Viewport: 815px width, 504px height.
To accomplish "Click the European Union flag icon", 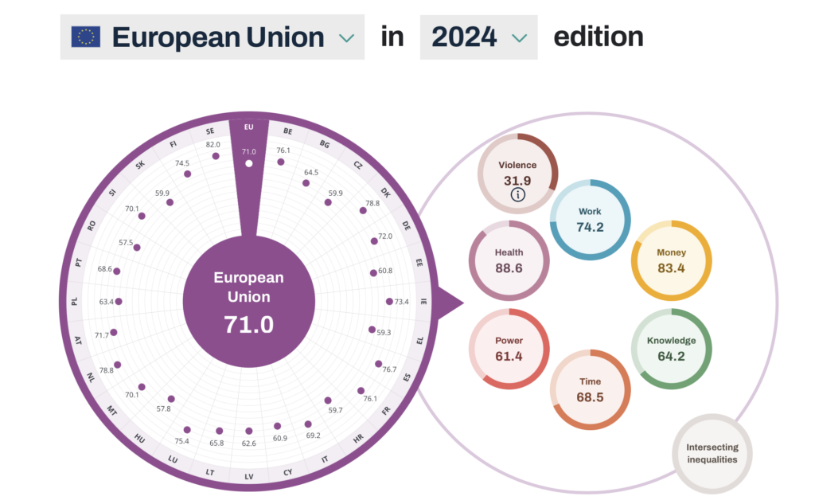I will (x=85, y=37).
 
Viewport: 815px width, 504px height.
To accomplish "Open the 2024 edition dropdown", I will (x=478, y=37).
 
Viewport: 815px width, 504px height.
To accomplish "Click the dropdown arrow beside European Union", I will (x=345, y=37).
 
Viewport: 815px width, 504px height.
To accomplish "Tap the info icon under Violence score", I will (x=517, y=194).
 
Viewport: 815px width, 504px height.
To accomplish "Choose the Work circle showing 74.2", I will (x=590, y=219).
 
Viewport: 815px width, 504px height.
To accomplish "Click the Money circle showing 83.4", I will (x=671, y=260).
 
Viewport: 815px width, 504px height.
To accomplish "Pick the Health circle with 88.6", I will (x=509, y=260).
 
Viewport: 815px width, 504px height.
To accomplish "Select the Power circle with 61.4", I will (x=509, y=349).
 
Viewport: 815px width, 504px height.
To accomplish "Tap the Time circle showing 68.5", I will (x=590, y=389).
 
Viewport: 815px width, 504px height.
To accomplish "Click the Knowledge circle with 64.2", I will (x=671, y=349).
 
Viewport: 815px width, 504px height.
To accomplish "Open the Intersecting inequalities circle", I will (x=712, y=454).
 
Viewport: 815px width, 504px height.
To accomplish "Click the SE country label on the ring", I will (x=210, y=131).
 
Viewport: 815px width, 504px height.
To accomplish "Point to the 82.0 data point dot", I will (x=216, y=156).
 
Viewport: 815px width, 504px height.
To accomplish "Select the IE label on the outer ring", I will (x=423, y=302).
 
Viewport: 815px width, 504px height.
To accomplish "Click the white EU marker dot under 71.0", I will (x=249, y=163).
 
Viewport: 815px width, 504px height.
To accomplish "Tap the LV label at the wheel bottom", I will (x=249, y=476).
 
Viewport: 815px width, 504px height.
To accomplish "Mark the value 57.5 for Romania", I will (x=126, y=242).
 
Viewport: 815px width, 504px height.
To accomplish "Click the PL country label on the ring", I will (x=75, y=302).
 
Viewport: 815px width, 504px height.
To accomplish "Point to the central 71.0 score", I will (x=249, y=325).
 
